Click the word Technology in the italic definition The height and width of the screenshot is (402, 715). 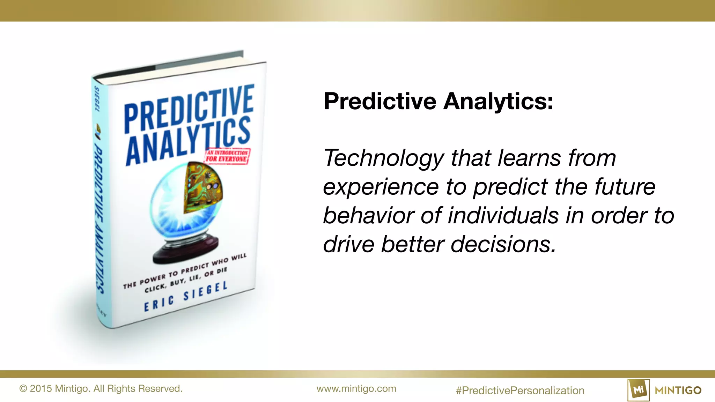(383, 158)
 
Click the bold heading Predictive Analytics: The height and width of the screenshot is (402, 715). (438, 101)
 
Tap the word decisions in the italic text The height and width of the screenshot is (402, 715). (503, 244)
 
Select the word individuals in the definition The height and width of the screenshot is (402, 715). (503, 215)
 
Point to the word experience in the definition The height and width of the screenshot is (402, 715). (381, 187)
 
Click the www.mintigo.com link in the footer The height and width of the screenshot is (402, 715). (356, 389)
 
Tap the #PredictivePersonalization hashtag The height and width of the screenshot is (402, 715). (520, 390)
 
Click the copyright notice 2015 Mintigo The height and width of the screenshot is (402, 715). (101, 389)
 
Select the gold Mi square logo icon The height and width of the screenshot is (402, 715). (638, 390)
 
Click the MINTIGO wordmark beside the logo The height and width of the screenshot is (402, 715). (678, 390)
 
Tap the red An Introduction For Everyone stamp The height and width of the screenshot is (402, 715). (227, 156)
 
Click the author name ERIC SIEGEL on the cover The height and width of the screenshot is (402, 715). (186, 297)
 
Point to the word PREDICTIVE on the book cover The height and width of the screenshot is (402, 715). (189, 108)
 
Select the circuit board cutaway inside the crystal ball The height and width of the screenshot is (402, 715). (202, 188)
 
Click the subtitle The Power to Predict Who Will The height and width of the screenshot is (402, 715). (185, 271)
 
